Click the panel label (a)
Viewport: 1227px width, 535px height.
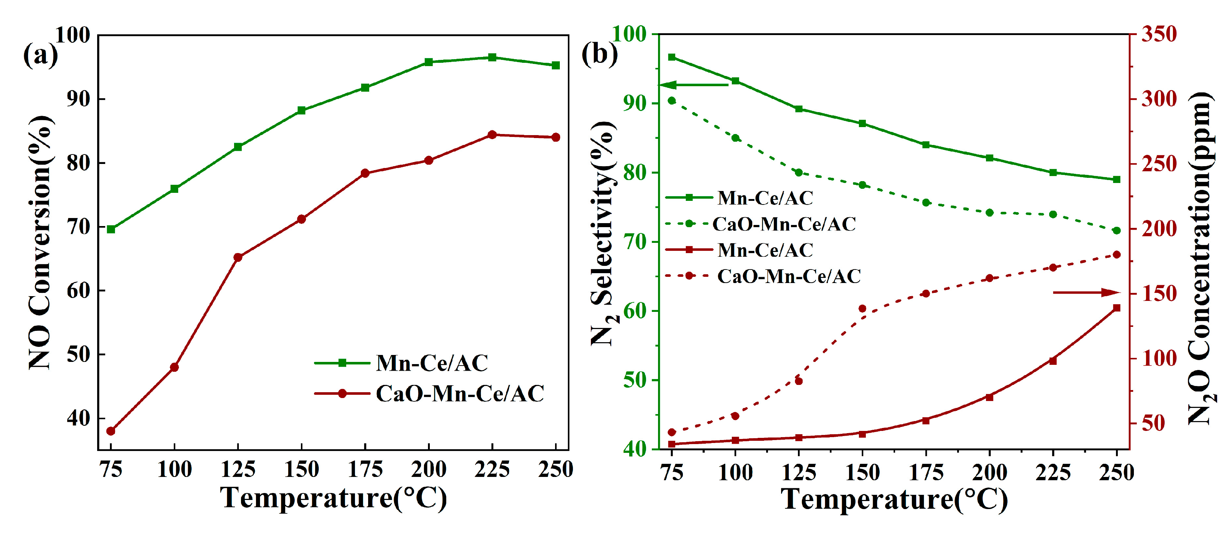pyautogui.click(x=40, y=55)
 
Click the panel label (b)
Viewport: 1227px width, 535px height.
pyautogui.click(x=599, y=53)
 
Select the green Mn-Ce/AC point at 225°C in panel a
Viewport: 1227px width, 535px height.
pyautogui.click(x=492, y=58)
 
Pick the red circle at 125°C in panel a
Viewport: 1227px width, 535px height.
pyautogui.click(x=238, y=257)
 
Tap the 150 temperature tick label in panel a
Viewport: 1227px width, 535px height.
pyautogui.click(x=302, y=470)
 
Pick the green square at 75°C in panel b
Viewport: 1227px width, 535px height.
pyautogui.click(x=672, y=57)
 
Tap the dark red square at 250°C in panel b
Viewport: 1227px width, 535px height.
pyautogui.click(x=1116, y=308)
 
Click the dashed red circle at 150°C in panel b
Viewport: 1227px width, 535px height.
pyautogui.click(x=862, y=309)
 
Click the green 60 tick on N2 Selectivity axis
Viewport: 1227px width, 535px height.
pyautogui.click(x=634, y=311)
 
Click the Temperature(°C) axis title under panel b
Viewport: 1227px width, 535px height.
pyautogui.click(x=894, y=500)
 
